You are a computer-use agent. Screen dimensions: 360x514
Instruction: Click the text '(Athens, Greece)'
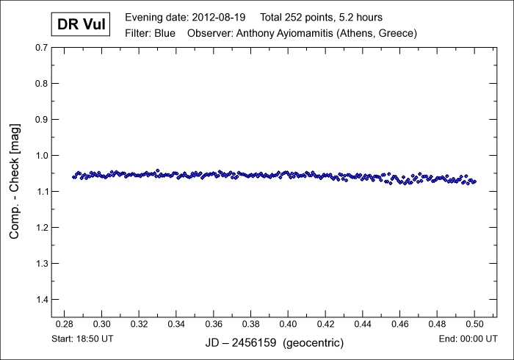[375, 33]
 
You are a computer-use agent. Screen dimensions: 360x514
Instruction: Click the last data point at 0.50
[474, 181]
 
